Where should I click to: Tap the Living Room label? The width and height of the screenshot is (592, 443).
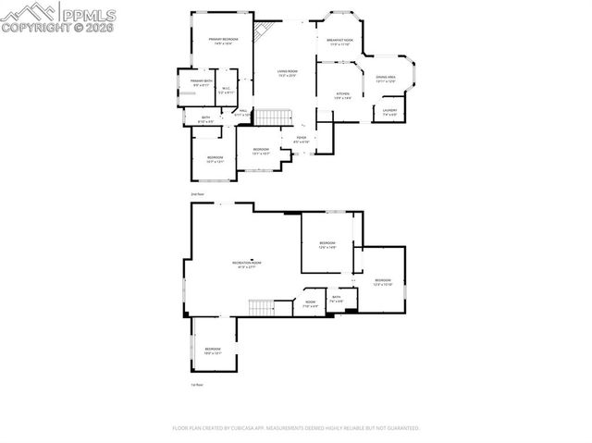pos(288,72)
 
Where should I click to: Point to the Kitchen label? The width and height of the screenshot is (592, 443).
pos(342,95)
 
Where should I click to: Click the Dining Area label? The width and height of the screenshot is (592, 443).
pos(386,80)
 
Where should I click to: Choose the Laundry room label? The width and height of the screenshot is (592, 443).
pos(390,113)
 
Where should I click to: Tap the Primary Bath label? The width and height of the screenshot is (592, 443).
pos(202,83)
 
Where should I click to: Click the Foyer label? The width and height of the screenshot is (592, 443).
pos(302,140)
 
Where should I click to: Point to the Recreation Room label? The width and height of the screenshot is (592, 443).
pos(247,265)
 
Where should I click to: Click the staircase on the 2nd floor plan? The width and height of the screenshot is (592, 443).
pos(268,117)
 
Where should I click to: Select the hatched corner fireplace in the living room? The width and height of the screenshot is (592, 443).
pos(265,30)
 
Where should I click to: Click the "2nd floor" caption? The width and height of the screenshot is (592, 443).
pos(196,194)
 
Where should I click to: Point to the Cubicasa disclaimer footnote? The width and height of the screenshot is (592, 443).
pos(296,428)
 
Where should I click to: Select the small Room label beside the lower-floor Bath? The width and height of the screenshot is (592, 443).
pos(311,303)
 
